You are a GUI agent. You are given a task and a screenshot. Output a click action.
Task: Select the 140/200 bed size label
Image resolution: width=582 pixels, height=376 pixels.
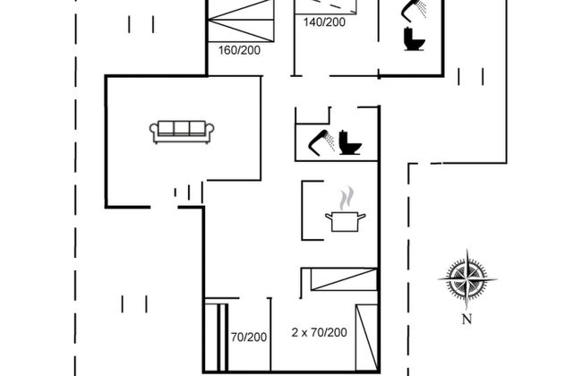point(324,21)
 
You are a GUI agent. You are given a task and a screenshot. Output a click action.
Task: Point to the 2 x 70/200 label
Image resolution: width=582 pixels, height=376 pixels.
point(320,332)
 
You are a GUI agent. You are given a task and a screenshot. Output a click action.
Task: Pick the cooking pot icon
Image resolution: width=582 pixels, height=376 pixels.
point(348,220)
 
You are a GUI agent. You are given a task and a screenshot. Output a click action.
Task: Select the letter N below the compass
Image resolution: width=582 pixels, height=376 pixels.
point(466,319)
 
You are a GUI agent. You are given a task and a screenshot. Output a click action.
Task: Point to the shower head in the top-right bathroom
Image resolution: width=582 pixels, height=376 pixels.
point(414,11)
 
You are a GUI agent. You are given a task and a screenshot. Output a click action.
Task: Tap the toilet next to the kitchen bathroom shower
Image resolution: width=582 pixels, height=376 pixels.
point(351,144)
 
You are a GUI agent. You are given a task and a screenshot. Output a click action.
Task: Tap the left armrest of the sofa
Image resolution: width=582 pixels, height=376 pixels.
point(154,132)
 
